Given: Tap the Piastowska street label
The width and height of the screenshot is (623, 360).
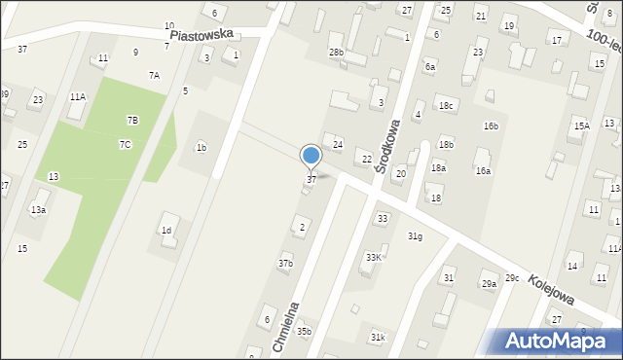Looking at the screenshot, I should click(x=202, y=33).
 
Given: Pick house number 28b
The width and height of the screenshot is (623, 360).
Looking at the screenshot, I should click(x=336, y=52).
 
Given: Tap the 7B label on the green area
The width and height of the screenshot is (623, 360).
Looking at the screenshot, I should click(x=132, y=120).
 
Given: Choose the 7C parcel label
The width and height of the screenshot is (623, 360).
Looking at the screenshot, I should click(x=126, y=144).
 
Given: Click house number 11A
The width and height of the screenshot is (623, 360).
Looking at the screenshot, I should click(x=77, y=97).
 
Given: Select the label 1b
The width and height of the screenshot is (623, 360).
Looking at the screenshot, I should click(x=201, y=148).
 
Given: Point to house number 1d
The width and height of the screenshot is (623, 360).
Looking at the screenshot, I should click(x=166, y=231).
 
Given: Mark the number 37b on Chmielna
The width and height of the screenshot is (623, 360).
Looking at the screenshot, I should click(x=285, y=263).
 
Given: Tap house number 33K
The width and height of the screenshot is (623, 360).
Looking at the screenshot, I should click(x=373, y=257).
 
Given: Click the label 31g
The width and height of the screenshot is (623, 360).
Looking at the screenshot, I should click(x=415, y=236).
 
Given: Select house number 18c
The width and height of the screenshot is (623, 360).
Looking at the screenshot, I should click(x=446, y=105).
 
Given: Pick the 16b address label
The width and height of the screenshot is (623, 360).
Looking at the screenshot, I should click(x=492, y=126).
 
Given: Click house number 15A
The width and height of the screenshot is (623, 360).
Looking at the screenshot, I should click(x=581, y=126).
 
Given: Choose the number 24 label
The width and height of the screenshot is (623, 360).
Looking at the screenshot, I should click(x=338, y=144).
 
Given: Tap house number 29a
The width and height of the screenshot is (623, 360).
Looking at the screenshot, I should click(x=489, y=283).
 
